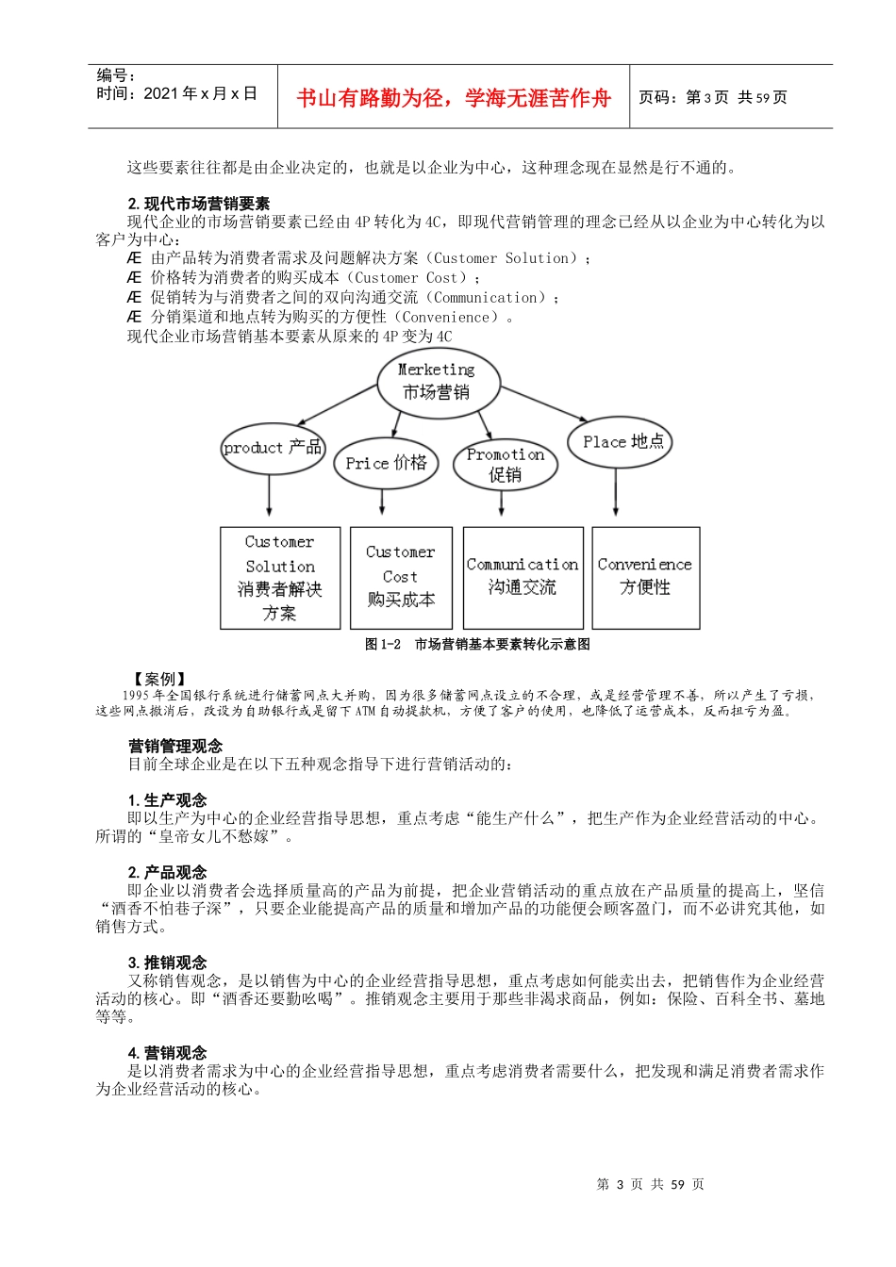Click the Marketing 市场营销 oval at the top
coord(437,382)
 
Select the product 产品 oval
coord(273,448)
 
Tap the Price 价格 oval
coord(386,463)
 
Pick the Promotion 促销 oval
coord(506,464)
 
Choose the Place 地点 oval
coord(620,441)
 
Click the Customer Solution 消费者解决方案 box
coord(280,578)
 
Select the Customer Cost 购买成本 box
coord(401,578)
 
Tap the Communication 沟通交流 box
coord(523,578)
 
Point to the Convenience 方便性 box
coord(645,578)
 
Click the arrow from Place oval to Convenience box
coord(616,492)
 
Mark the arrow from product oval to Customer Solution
coord(270,496)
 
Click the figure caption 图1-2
coord(477,645)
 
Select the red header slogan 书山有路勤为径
coord(454,98)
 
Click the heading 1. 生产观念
coord(168,800)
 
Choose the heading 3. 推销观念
coord(168,963)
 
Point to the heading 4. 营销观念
coord(168,1053)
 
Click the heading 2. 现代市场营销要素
coord(199,204)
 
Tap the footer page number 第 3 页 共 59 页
coord(651,1185)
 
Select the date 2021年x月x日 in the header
coord(200,94)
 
